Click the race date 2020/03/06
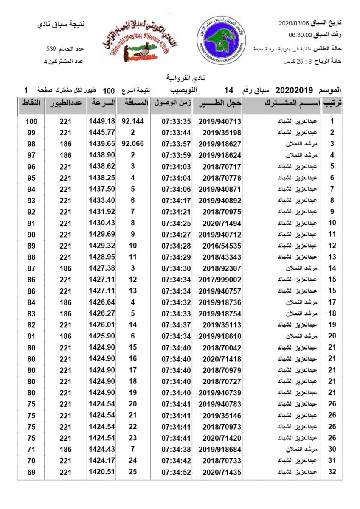coord(293,22)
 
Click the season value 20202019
coord(294,90)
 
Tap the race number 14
coord(229,90)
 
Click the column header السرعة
coord(102,103)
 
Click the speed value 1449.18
coord(102,121)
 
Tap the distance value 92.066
coord(133,144)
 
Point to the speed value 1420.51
coord(102,472)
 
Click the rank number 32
coord(332,472)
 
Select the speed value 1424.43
coord(102,449)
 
